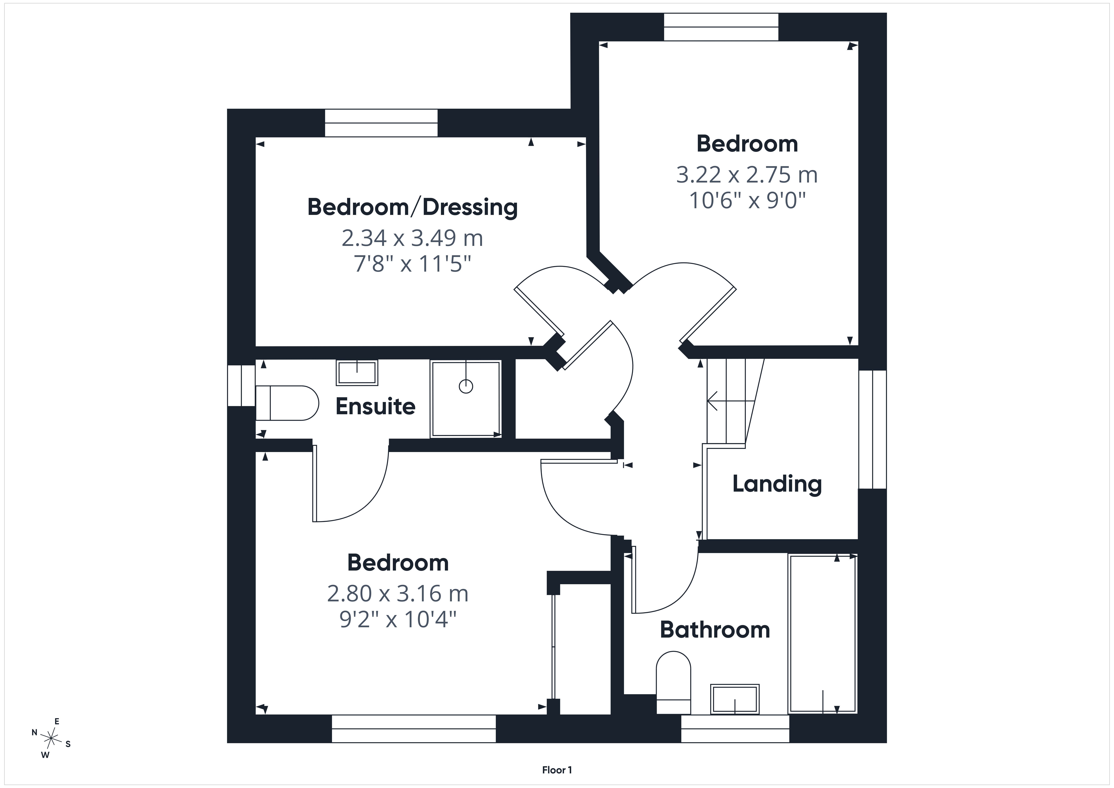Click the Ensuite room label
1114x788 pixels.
point(376,406)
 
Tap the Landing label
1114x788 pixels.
point(777,484)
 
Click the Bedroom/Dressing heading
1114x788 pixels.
point(412,207)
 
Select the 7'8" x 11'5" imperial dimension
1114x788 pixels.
point(412,265)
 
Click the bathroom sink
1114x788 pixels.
point(735,699)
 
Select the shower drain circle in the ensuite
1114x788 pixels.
point(466,386)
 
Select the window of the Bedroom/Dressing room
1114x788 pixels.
point(381,123)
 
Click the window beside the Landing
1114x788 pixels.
point(872,429)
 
